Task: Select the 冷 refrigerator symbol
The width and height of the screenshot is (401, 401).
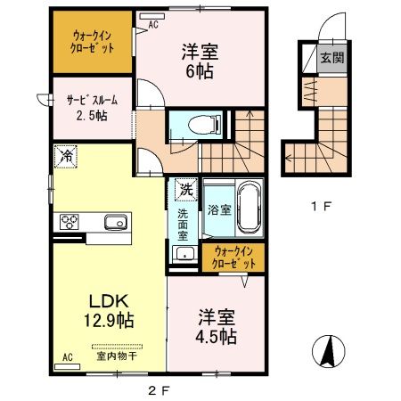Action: point(67,155)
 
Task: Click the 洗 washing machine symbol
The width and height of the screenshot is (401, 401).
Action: point(184,190)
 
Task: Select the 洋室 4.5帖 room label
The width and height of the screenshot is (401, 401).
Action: point(215,326)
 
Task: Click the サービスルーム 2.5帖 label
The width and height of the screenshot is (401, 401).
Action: point(92,109)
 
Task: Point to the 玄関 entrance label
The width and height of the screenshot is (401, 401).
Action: point(331,59)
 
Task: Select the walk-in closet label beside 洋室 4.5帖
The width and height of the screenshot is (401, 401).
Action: point(233,258)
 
